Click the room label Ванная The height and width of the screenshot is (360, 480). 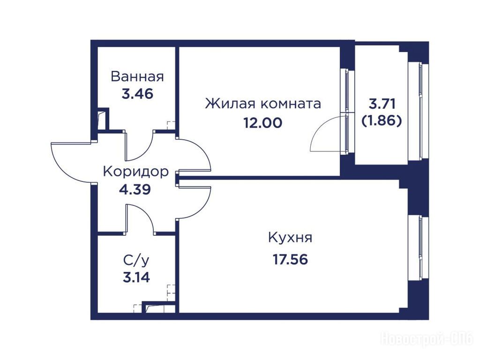click(137, 76)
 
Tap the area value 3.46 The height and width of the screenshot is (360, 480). click(137, 94)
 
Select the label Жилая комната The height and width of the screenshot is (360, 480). click(263, 104)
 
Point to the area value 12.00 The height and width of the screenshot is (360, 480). click(262, 123)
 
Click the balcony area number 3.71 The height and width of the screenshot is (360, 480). click(382, 104)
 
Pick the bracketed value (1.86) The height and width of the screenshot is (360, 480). click(382, 121)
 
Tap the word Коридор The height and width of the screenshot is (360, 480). click(135, 172)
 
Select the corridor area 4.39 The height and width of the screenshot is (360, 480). click(135, 189)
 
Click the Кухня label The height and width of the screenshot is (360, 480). click(290, 238)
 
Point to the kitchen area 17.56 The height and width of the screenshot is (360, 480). click(290, 260)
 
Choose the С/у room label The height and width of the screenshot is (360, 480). click(136, 261)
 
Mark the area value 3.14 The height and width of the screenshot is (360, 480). click(136, 277)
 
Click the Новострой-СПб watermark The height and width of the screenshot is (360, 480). click(427, 339)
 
